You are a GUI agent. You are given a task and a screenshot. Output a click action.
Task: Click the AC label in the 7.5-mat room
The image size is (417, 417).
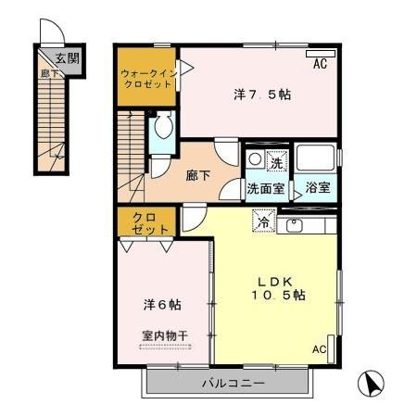(321, 65)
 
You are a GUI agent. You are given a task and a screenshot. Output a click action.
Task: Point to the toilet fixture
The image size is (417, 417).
(164, 130)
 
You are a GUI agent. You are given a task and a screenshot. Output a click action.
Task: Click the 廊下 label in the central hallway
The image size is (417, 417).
(196, 173)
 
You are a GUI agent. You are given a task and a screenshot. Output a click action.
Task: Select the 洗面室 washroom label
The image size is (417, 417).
(265, 188)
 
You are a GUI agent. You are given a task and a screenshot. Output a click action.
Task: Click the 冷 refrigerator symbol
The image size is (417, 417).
(263, 222)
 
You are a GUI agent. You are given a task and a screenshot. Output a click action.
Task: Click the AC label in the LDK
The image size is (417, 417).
(319, 349)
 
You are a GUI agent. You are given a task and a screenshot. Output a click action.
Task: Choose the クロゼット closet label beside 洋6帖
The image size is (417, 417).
(145, 223)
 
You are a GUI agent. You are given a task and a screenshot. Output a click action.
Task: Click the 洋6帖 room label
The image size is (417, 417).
(162, 304)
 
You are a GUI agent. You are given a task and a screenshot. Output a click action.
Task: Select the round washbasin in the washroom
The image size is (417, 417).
(255, 160)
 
